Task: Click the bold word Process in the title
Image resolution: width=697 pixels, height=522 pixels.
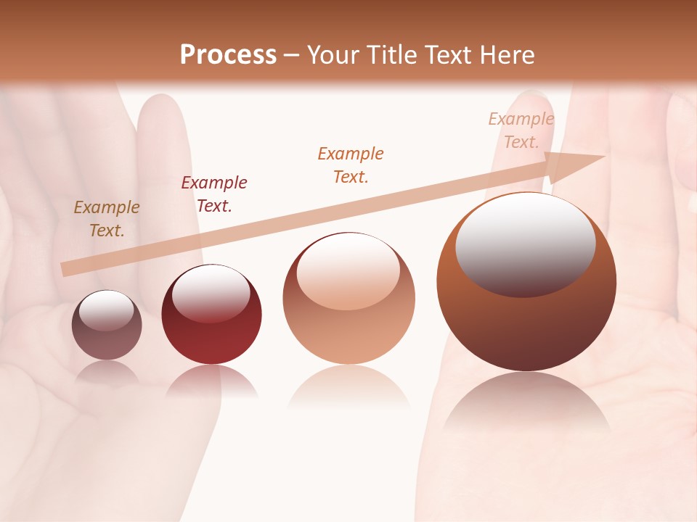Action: [x=228, y=55]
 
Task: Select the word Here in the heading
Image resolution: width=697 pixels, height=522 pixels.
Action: [x=506, y=55]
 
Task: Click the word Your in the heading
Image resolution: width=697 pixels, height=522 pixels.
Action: [x=333, y=55]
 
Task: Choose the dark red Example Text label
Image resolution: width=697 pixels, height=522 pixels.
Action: [x=213, y=194]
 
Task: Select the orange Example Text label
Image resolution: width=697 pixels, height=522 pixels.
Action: [x=351, y=165]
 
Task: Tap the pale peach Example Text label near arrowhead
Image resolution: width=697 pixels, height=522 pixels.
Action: [x=521, y=130]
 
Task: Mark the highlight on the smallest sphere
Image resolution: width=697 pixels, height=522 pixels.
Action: [x=106, y=310]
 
